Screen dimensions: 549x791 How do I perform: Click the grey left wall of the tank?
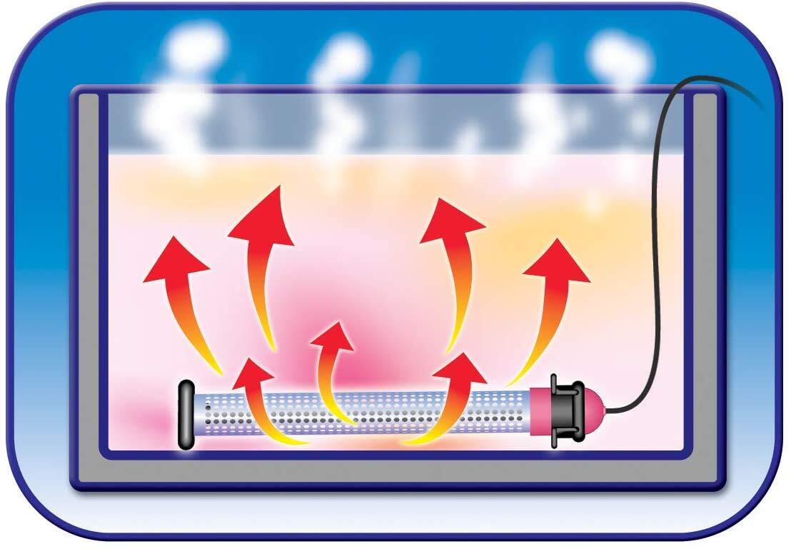pyautogui.click(x=88, y=286)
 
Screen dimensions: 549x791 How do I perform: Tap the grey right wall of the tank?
pyautogui.click(x=703, y=286)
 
